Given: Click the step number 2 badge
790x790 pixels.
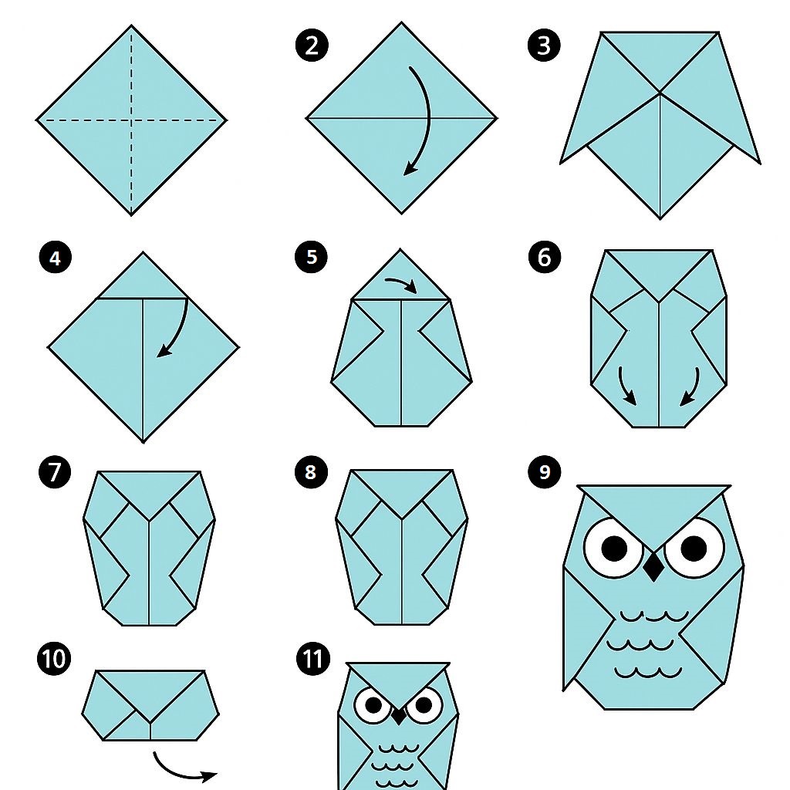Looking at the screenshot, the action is [312, 46].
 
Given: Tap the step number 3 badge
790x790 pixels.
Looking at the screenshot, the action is [544, 46].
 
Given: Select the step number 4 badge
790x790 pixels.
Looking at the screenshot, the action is [56, 258].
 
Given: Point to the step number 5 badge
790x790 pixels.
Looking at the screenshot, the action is [312, 257].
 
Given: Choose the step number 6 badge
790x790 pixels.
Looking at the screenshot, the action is [545, 257].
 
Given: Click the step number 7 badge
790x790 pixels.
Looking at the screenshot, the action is [55, 472].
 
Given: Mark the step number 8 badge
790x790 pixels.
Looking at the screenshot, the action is [311, 472].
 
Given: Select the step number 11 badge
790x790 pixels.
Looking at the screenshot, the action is [313, 659].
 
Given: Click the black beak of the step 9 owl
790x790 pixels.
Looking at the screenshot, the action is [653, 566].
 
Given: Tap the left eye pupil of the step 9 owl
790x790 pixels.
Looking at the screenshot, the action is [614, 549].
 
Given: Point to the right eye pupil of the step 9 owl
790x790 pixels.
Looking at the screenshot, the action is [694, 549].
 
